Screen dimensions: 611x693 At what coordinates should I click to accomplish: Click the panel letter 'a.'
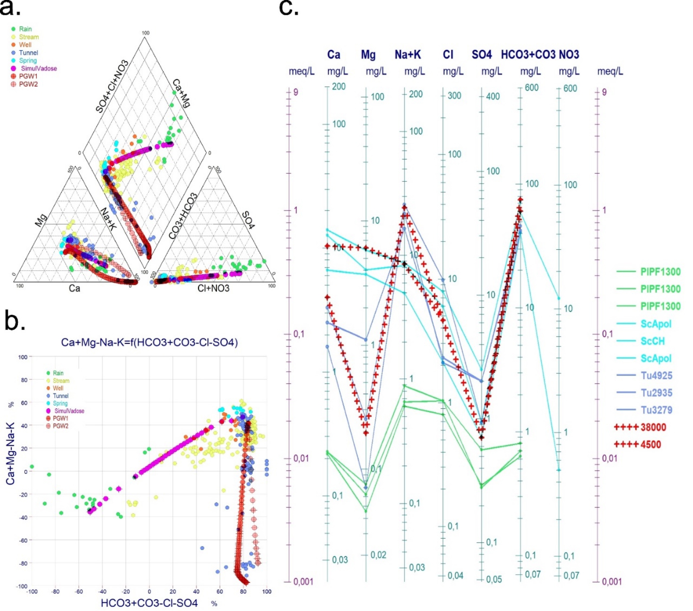[x=10, y=8]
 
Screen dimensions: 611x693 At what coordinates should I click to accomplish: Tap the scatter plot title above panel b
[x=149, y=342]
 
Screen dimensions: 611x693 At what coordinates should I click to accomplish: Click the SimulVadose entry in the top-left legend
[x=38, y=68]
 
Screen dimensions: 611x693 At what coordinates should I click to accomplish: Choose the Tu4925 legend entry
[x=656, y=376]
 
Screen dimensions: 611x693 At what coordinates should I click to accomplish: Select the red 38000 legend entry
[x=653, y=427]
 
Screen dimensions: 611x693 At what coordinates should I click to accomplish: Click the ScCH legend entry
[x=652, y=341]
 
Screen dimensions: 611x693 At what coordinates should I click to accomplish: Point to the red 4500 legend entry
[x=650, y=444]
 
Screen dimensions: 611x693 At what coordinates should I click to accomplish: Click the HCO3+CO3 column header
[x=528, y=54]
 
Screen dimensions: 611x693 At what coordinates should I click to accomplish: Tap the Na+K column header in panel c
[x=407, y=54]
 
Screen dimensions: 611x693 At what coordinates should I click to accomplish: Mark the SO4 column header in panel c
[x=481, y=54]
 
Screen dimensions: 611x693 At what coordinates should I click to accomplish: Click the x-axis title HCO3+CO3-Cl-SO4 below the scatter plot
[x=149, y=603]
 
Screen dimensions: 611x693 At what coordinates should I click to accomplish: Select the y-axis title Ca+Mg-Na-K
[x=10, y=454]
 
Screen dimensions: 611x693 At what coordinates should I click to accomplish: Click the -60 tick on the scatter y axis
[x=22, y=540]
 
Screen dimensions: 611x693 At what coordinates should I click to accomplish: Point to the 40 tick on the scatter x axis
[x=196, y=592]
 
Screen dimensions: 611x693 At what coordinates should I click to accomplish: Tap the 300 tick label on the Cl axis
[x=454, y=96]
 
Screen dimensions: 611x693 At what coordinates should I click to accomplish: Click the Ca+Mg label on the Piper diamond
[x=181, y=93]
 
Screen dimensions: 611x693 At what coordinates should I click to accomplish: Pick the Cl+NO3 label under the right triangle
[x=213, y=288]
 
